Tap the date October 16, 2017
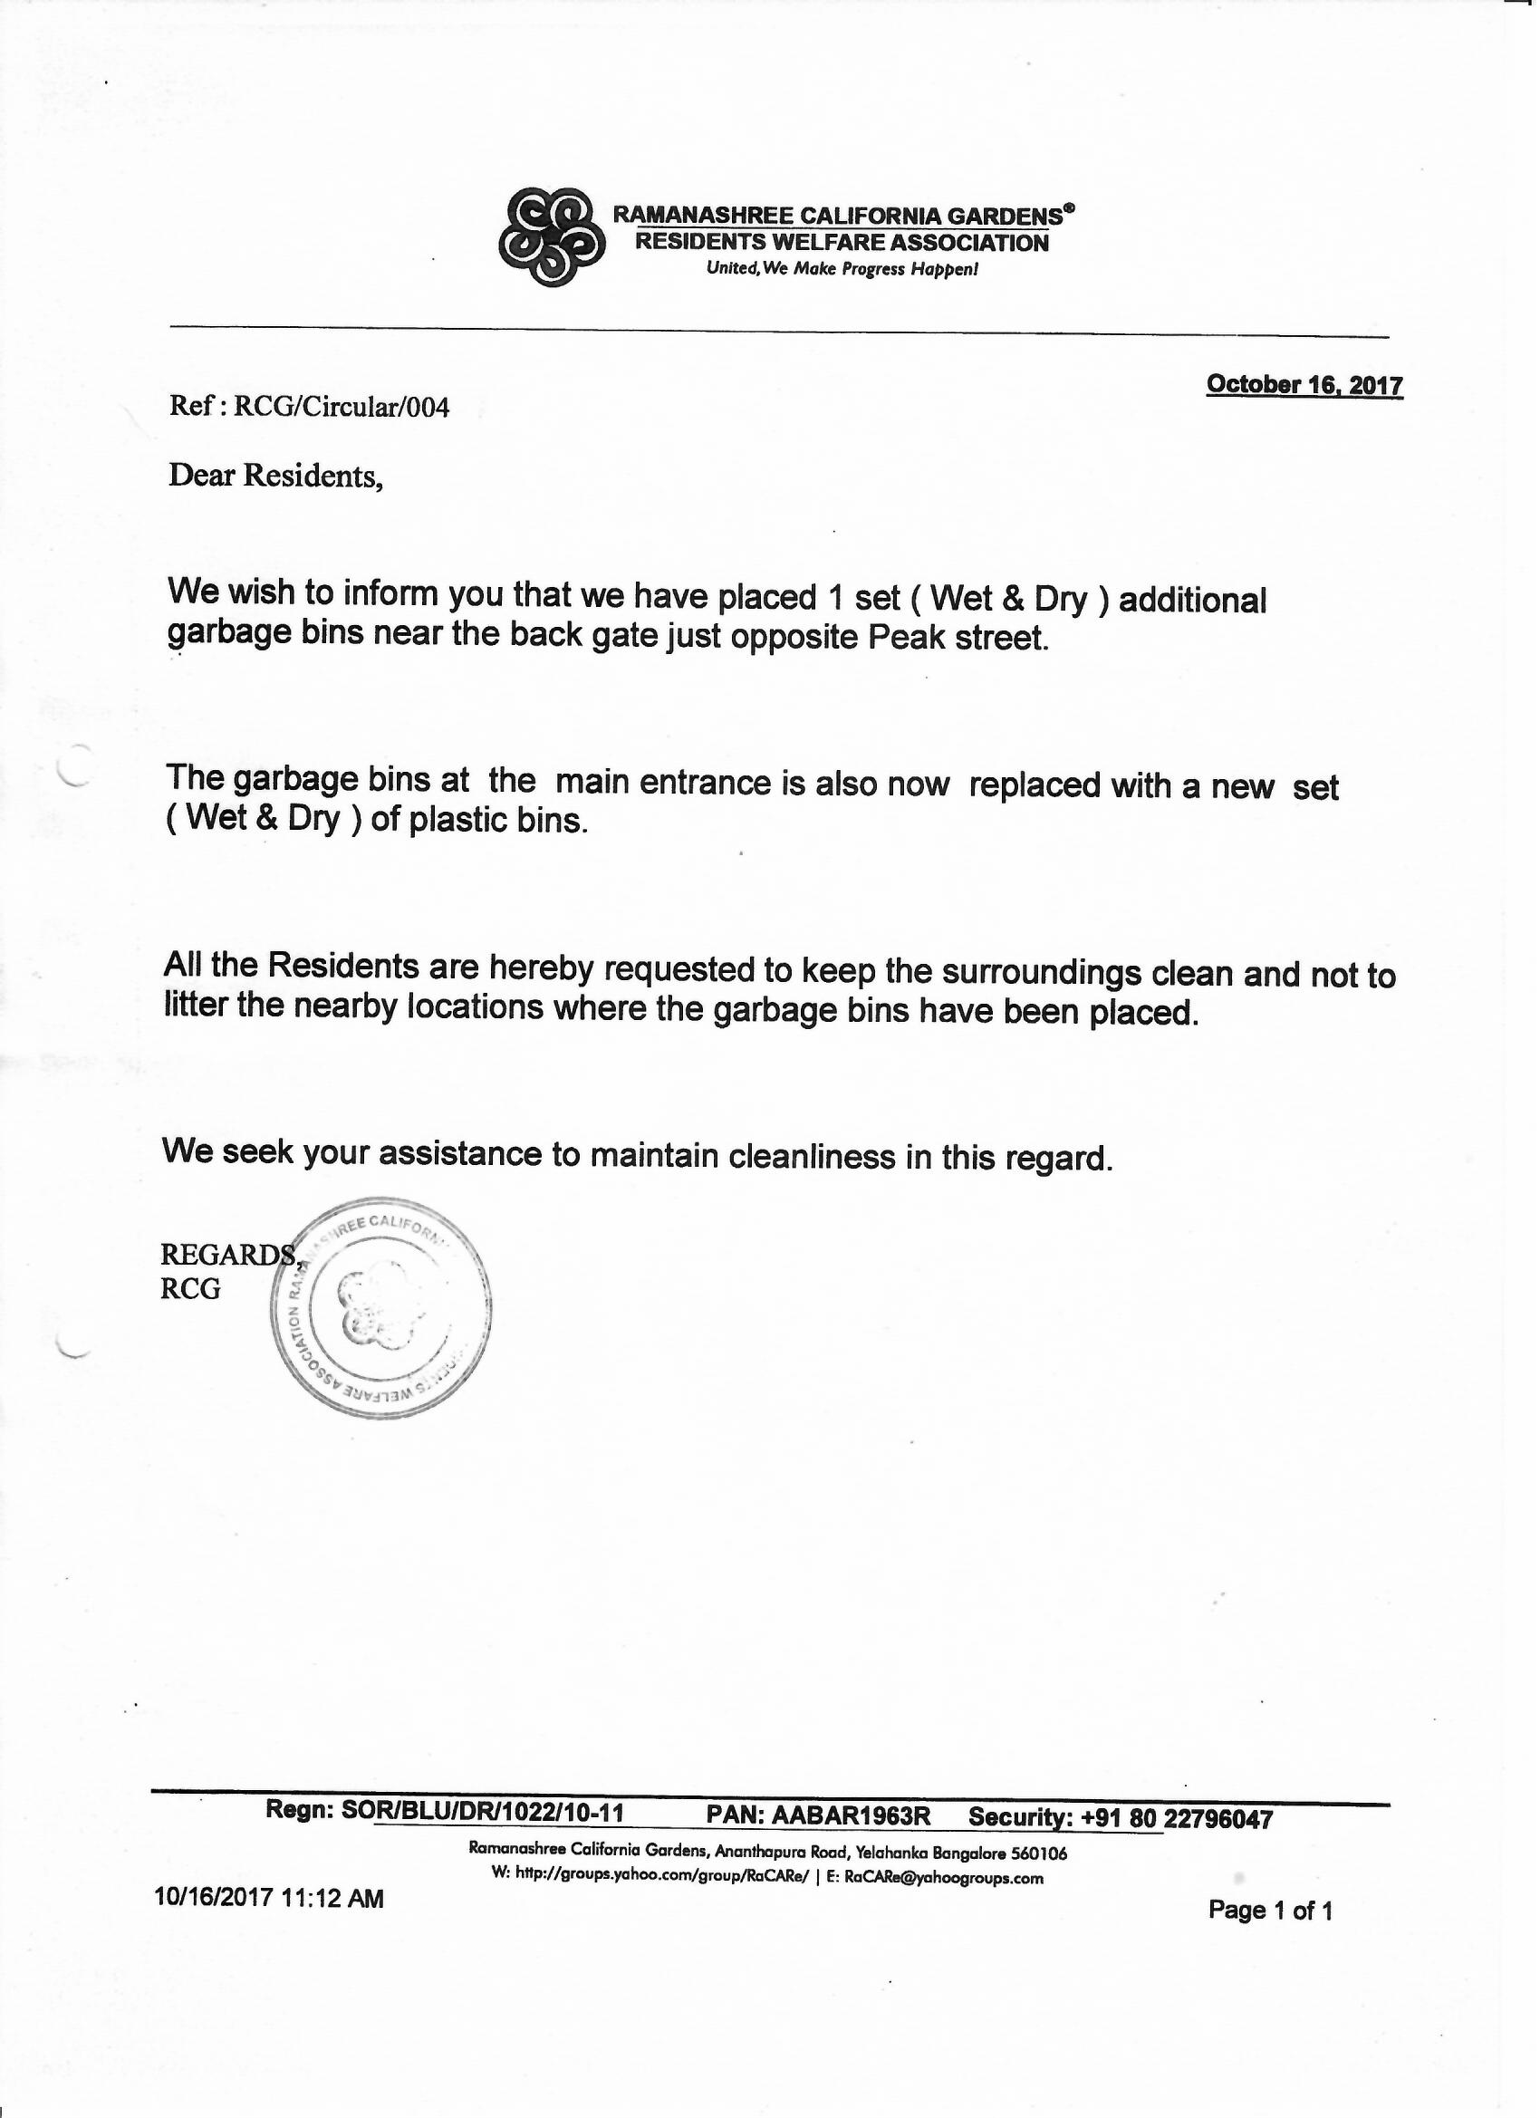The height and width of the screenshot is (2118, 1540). tap(1304, 385)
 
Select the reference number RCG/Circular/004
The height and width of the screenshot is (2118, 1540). tap(341, 407)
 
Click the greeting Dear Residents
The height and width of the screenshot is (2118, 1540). tap(275, 477)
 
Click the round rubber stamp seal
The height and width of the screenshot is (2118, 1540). tap(380, 1308)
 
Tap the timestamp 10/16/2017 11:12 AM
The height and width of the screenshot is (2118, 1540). tap(268, 1898)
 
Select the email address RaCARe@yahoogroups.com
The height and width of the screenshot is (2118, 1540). tap(943, 1878)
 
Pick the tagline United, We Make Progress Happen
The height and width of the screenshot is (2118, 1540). tap(842, 270)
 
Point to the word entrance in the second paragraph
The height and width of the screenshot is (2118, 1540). tap(707, 782)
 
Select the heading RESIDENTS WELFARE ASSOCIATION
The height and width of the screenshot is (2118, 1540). tap(842, 243)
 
